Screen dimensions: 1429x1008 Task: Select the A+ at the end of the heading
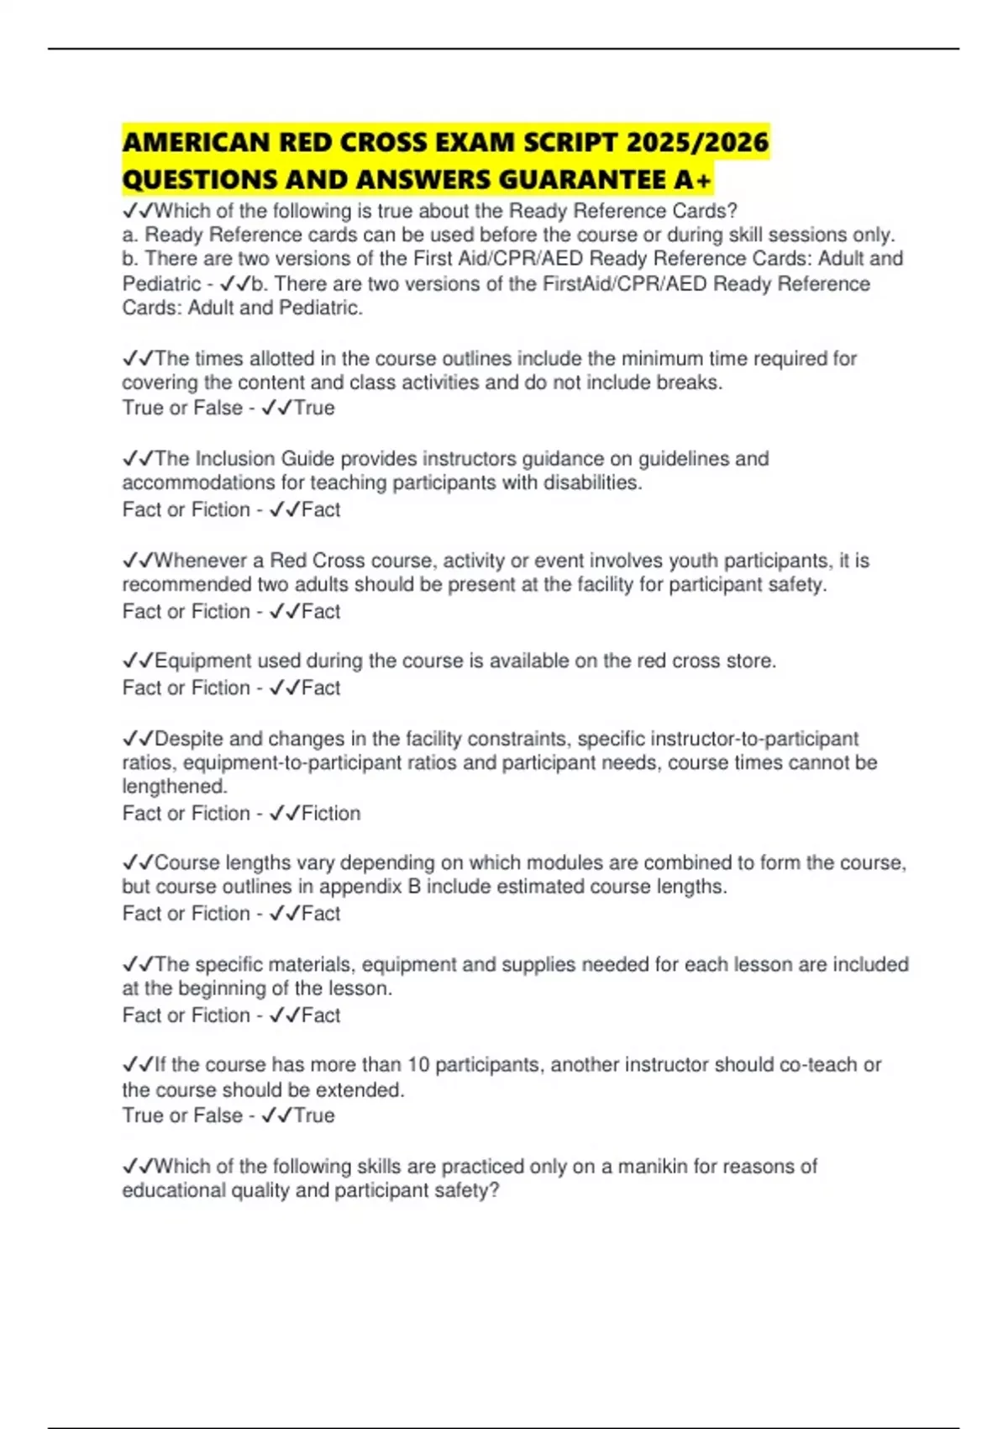click(693, 180)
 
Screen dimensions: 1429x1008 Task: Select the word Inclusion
click(234, 459)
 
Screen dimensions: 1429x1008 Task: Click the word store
click(751, 661)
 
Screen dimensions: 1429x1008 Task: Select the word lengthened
click(175, 787)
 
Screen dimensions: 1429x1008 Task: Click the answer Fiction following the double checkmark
click(331, 814)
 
